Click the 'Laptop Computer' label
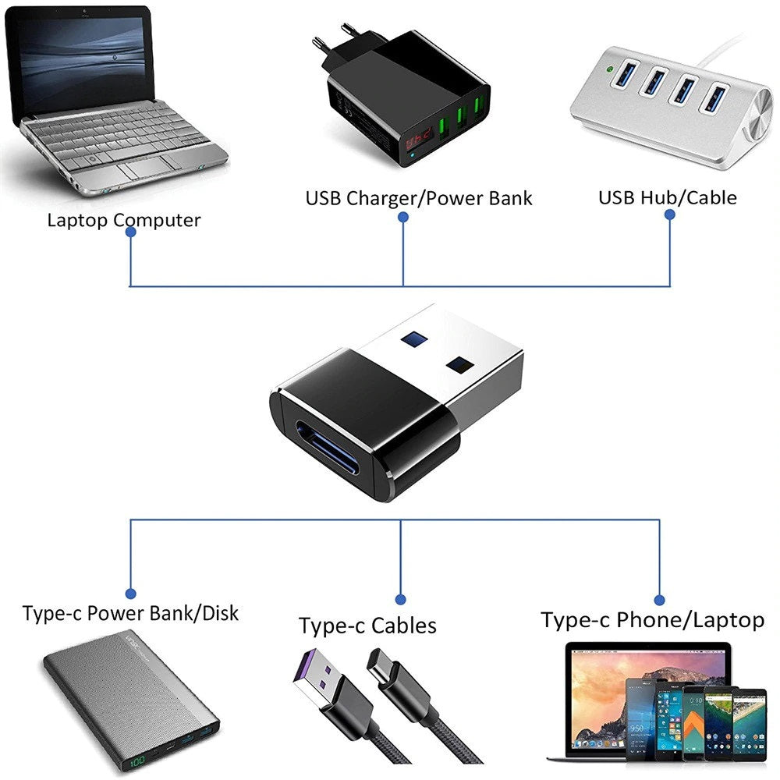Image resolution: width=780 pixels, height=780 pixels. point(123,220)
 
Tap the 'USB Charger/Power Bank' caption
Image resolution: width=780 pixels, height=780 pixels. point(418,198)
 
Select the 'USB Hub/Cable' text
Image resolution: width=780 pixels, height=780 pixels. point(667,197)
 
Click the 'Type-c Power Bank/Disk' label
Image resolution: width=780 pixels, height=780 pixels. point(130,613)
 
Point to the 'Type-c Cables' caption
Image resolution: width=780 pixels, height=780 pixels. point(367,625)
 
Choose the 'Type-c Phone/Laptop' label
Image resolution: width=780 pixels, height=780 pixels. point(652,620)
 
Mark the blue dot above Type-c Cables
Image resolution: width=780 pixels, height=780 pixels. point(400,600)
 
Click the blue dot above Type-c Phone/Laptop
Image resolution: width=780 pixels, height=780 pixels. point(659,600)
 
